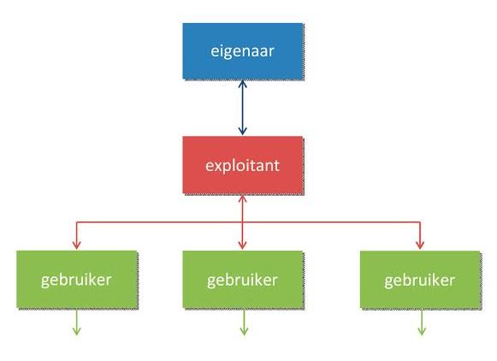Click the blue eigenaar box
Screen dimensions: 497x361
(x=243, y=51)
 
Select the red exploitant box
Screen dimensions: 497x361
(x=243, y=165)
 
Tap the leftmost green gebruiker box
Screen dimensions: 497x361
(x=77, y=279)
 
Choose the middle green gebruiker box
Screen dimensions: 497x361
(x=243, y=279)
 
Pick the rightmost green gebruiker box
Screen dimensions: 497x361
(x=420, y=279)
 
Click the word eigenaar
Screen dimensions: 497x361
(x=242, y=51)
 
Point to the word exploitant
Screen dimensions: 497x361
(x=242, y=166)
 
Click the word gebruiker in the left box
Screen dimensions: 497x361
(x=76, y=281)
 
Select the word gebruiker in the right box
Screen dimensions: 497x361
(x=420, y=281)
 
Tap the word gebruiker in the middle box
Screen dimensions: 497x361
(x=242, y=281)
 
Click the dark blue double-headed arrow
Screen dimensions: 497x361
(x=242, y=108)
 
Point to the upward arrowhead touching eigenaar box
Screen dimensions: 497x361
(x=242, y=84)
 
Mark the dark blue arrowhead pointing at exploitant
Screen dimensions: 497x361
(x=242, y=131)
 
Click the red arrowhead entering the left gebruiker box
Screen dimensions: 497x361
(x=77, y=246)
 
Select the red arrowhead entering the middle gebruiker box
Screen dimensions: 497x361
(x=242, y=246)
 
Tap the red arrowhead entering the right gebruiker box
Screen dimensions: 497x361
(x=420, y=246)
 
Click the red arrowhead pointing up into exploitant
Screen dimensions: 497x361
(x=242, y=198)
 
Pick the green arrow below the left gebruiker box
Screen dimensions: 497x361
(x=76, y=322)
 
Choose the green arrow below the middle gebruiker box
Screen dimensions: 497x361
(x=244, y=322)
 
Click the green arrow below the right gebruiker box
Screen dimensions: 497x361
(x=422, y=322)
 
